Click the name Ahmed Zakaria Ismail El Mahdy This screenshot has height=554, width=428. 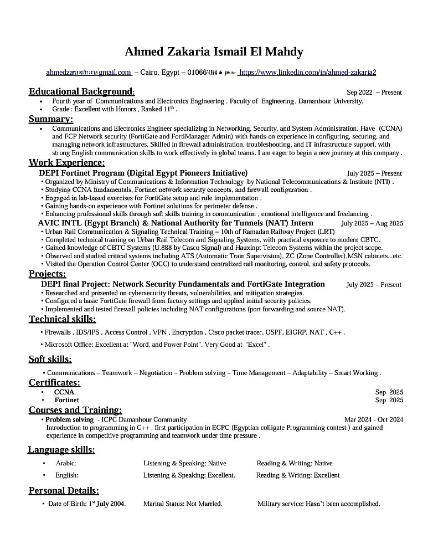214,52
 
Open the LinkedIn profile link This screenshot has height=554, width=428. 307,73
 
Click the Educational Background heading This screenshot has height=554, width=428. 81,91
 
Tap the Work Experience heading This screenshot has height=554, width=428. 66,162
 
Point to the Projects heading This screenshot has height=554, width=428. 47,274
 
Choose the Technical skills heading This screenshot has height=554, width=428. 62,319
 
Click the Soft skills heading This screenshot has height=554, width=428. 50,360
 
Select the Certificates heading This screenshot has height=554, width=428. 54,383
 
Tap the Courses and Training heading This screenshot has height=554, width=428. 75,410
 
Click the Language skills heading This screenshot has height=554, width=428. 61,449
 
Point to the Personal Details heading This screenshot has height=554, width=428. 64,491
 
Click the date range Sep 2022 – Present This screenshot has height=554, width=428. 374,93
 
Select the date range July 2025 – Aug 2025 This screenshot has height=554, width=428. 372,223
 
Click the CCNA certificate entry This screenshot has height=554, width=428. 64,392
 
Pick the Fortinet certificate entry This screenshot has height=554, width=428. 66,400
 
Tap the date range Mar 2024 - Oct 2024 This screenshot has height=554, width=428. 373,420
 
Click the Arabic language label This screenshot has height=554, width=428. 66,463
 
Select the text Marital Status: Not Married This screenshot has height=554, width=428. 183,504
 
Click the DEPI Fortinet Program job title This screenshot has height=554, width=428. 143,173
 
